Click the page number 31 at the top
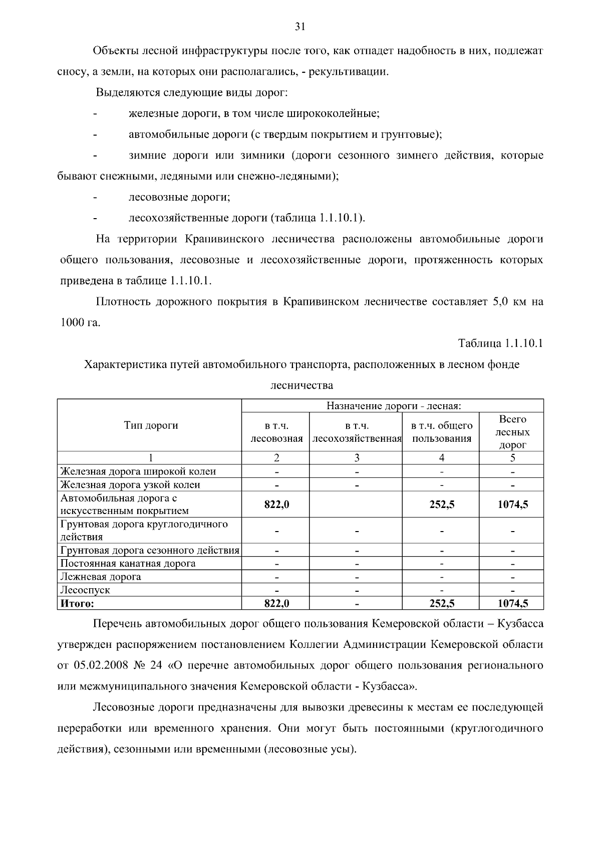pos(300,27)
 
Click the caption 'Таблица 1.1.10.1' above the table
pos(500,344)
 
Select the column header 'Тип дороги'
pos(151,426)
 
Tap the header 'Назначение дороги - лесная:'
pos(393,406)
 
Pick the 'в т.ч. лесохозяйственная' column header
pos(357,432)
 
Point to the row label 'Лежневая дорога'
pos(101,577)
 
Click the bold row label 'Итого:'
pos(77,603)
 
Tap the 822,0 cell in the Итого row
pos(276,603)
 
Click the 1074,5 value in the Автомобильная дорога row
pos(512,504)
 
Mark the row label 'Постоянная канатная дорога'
pos(128,564)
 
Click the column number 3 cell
pos(357,457)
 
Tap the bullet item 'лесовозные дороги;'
pos(179,197)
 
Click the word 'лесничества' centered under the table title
pos(301,386)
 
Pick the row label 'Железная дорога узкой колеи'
pos(130,485)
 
